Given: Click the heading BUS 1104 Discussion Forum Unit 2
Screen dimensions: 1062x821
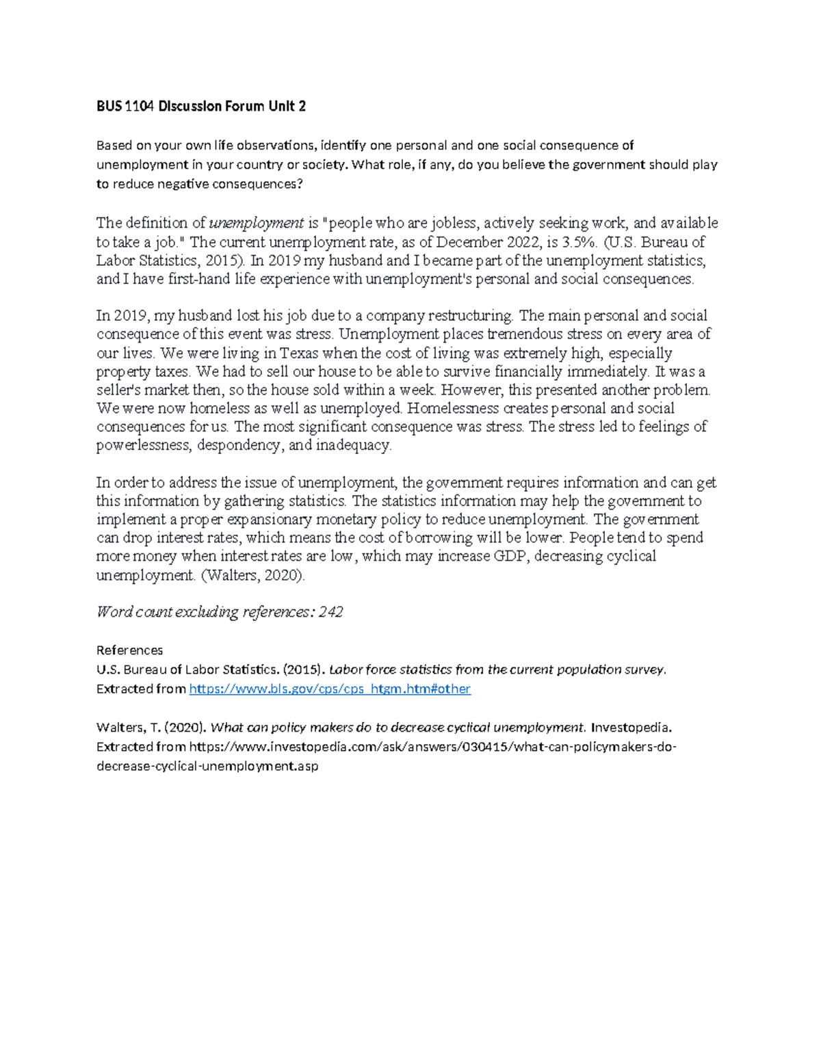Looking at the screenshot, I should tap(200, 106).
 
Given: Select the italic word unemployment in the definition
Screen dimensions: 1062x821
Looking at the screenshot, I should tap(257, 223).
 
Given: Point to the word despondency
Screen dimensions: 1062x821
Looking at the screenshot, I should tap(239, 446).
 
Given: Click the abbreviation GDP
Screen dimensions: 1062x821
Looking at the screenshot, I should tap(510, 557).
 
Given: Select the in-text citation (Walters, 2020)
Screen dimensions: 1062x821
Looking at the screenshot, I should tap(252, 575).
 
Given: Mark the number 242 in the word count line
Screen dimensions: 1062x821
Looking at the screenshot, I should tap(330, 612).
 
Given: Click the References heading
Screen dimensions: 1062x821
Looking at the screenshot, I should tap(129, 650).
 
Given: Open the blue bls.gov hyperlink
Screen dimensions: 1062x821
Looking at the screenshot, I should tap(329, 689).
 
